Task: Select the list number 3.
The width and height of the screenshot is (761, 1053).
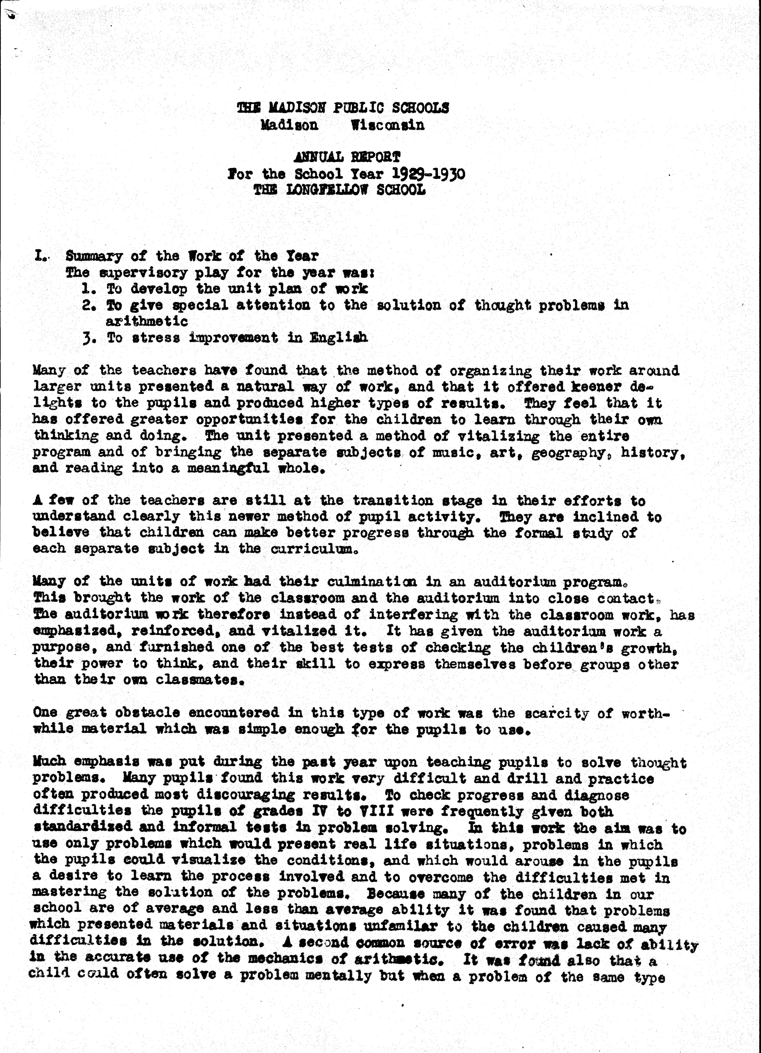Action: (87, 338)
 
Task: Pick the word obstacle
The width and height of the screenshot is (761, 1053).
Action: (150, 713)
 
